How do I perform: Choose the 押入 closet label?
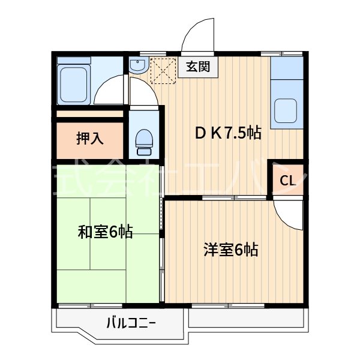tap(89, 138)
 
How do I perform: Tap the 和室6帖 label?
tap(105, 231)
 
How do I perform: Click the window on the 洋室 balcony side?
tap(229, 305)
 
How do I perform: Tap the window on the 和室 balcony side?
tap(90, 305)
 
